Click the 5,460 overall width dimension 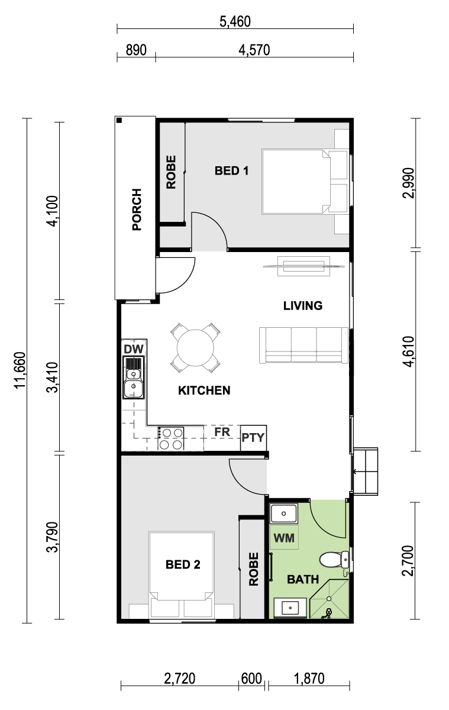click(235, 22)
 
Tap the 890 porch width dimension click(136, 50)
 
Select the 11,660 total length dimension click(20, 370)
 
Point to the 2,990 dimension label click(408, 183)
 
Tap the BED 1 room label click(232, 171)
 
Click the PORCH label click(137, 209)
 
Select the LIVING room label click(303, 305)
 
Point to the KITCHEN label click(204, 390)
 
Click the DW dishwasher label click(134, 349)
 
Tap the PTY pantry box click(253, 438)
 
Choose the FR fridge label click(222, 432)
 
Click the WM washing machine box click(284, 538)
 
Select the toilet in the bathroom click(335, 560)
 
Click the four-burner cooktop click(171, 438)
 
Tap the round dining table click(195, 348)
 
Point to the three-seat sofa click(304, 345)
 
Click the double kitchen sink click(134, 377)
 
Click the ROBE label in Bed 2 click(254, 569)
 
